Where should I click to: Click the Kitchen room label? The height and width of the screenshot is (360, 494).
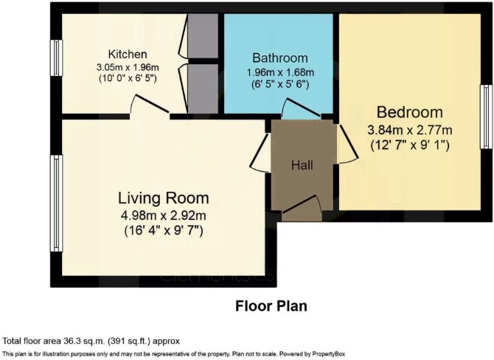pos(128,54)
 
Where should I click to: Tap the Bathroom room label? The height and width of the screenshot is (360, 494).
pos(280,58)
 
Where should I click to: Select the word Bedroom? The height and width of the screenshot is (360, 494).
pos(410,112)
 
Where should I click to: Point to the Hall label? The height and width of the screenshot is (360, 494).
pos(302,165)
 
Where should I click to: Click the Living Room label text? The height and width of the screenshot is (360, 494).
pos(164,198)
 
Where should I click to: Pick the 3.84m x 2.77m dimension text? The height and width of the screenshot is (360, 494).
pos(410,130)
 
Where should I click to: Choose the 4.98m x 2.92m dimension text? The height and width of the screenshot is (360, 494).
pos(164,215)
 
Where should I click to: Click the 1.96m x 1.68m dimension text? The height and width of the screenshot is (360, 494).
pos(280,72)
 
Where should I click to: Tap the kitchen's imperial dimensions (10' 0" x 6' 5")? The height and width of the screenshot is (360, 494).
pos(128,78)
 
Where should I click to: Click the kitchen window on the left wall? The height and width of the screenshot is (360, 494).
pos(56,58)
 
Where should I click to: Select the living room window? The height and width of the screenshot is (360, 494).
pos(56,203)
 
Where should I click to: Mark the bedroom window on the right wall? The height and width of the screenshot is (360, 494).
pos(487,117)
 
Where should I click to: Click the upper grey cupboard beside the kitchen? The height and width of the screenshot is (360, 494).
pos(203,35)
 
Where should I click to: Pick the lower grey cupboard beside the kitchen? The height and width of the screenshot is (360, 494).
pos(203,89)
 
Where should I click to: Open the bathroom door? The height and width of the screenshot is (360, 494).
pos(301,109)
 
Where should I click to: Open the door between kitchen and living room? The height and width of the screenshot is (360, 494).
pos(150,104)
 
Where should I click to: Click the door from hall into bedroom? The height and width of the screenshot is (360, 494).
pos(347,144)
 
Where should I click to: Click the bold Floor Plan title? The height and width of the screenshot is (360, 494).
pos(271,306)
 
